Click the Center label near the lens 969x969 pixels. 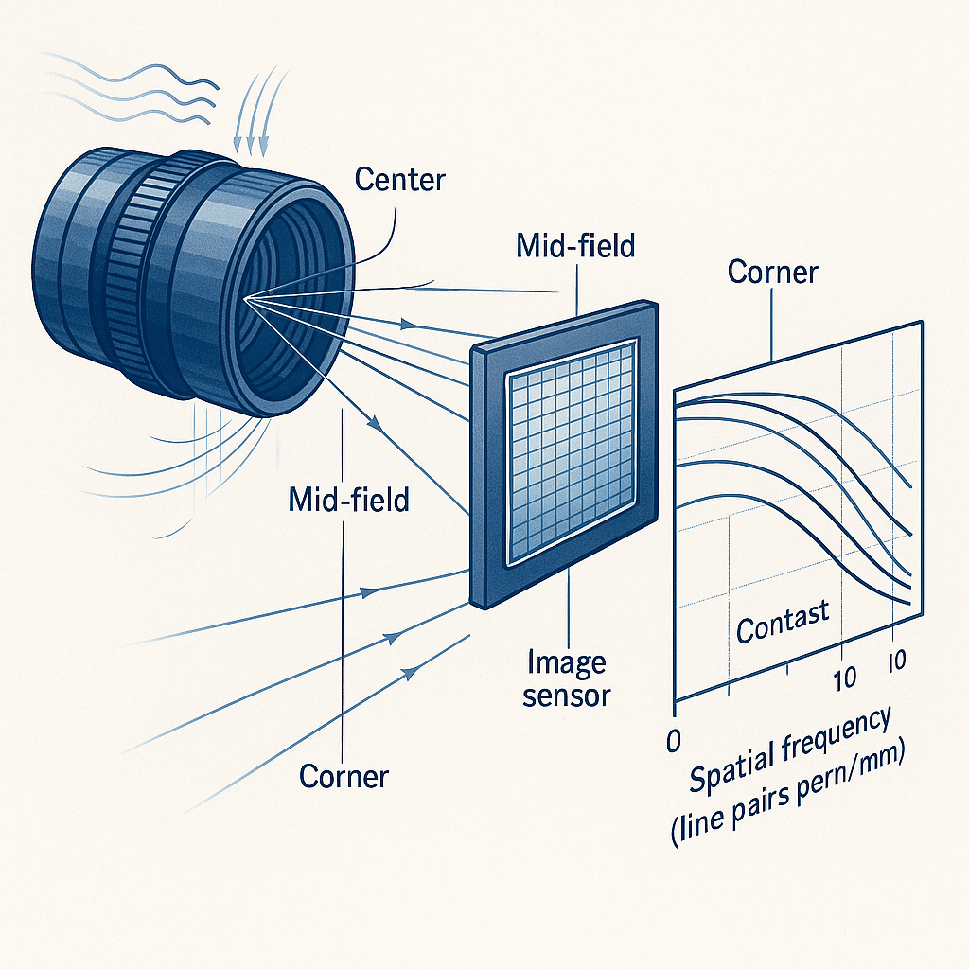coord(400,180)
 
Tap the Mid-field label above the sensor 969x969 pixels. coord(575,246)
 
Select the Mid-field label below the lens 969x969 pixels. coord(348,500)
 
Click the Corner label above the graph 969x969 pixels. coord(772,272)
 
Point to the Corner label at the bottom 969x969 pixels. coord(344,776)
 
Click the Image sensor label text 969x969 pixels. coord(566,678)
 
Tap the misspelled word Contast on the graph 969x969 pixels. coord(783,621)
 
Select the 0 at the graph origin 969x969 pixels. coord(674,740)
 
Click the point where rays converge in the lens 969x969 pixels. coord(246,299)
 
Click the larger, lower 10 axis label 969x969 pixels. coord(844,678)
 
